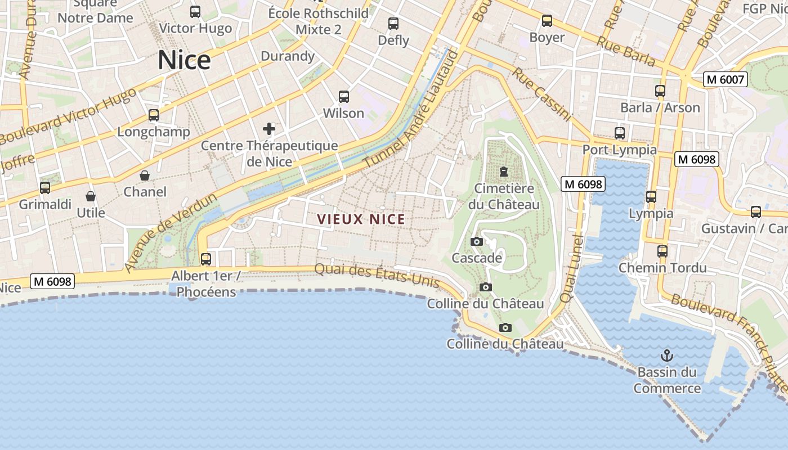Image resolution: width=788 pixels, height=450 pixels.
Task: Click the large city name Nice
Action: pyautogui.click(x=184, y=60)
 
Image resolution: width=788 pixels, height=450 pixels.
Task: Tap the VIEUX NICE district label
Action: pyautogui.click(x=361, y=219)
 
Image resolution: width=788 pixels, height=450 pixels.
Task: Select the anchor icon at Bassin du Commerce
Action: pyautogui.click(x=666, y=355)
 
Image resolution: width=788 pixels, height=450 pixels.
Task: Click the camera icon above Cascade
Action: pyautogui.click(x=477, y=241)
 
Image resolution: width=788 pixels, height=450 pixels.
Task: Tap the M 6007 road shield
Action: pyautogui.click(x=726, y=79)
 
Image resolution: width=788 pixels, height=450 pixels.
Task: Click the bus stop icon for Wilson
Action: pyautogui.click(x=344, y=96)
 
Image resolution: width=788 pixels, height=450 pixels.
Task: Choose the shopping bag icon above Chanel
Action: pyautogui.click(x=145, y=175)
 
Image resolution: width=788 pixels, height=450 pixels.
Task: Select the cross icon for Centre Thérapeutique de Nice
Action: pyautogui.click(x=269, y=129)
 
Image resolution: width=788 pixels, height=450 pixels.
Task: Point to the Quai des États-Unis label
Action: pyautogui.click(x=377, y=276)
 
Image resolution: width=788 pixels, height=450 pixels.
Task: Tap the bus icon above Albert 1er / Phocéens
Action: pyautogui.click(x=206, y=259)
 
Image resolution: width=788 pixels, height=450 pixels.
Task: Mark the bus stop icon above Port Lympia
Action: pyautogui.click(x=620, y=133)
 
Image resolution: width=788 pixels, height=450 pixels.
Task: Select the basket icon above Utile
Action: pyautogui.click(x=91, y=196)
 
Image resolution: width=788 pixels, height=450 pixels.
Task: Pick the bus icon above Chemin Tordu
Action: pyautogui.click(x=662, y=251)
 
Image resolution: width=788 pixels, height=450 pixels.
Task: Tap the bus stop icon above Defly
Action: pyautogui.click(x=393, y=24)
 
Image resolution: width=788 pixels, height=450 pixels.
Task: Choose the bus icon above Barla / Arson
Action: pyautogui.click(x=660, y=91)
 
